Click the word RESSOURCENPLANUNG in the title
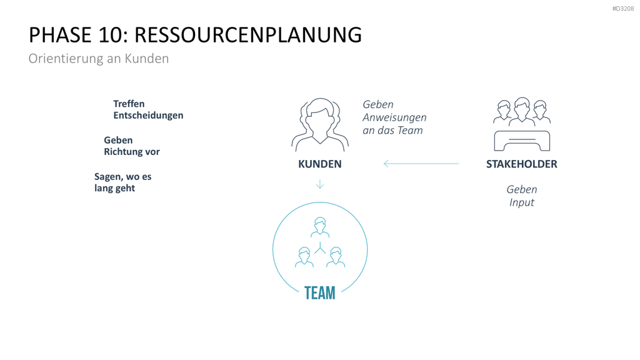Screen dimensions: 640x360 click(247, 35)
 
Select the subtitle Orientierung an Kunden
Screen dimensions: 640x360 click(99, 58)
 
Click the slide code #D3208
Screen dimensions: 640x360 click(623, 9)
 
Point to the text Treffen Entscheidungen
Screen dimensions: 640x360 click(148, 109)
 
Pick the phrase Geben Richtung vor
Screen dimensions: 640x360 click(131, 146)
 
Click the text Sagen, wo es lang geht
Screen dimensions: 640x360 click(123, 182)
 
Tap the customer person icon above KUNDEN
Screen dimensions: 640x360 click(320, 124)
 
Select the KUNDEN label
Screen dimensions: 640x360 click(319, 164)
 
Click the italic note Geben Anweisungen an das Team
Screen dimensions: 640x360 click(394, 117)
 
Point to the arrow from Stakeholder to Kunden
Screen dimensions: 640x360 click(421, 164)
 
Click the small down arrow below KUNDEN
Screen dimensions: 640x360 click(320, 184)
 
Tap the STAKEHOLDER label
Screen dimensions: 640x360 click(522, 164)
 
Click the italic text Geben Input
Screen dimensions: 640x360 click(522, 196)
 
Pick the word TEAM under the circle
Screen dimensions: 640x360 click(320, 293)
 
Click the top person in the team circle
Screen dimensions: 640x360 click(320, 227)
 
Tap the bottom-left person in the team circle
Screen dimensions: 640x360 click(304, 257)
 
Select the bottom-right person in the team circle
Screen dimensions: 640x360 click(336, 257)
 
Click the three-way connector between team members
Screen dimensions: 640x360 click(320, 247)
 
